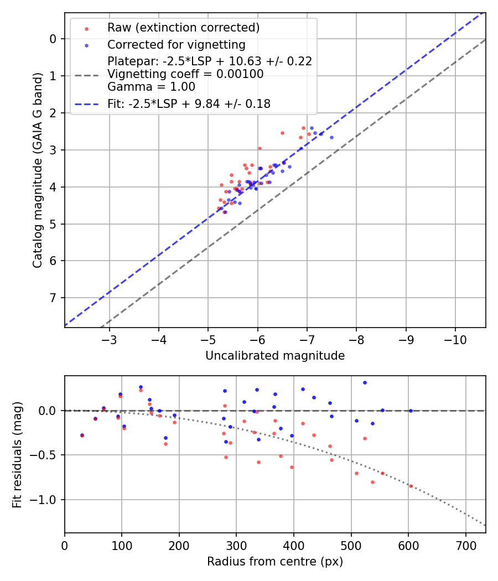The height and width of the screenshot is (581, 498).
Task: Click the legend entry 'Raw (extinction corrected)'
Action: point(183,28)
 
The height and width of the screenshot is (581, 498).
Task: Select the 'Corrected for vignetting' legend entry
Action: point(176,44)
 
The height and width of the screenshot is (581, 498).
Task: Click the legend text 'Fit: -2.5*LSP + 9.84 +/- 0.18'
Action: point(189,104)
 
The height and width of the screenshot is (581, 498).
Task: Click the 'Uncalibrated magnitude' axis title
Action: point(275,356)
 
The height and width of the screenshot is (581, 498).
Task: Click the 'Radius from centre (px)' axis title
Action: point(275,562)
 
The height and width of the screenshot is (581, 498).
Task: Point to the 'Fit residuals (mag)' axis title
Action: point(17,454)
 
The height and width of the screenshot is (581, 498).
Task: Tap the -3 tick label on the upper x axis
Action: point(109,338)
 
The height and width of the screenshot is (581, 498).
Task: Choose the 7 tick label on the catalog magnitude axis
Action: point(53,298)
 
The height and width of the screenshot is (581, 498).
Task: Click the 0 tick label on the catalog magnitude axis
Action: point(53,39)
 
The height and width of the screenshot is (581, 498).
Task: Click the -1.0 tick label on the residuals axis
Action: point(46,500)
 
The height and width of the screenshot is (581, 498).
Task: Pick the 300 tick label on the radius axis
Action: point(236,544)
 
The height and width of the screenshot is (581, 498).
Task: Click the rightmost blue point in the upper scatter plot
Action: point(331,137)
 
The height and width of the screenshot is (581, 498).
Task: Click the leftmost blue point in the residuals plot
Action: point(82,435)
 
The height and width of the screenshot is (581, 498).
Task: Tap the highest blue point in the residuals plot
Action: point(365,382)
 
